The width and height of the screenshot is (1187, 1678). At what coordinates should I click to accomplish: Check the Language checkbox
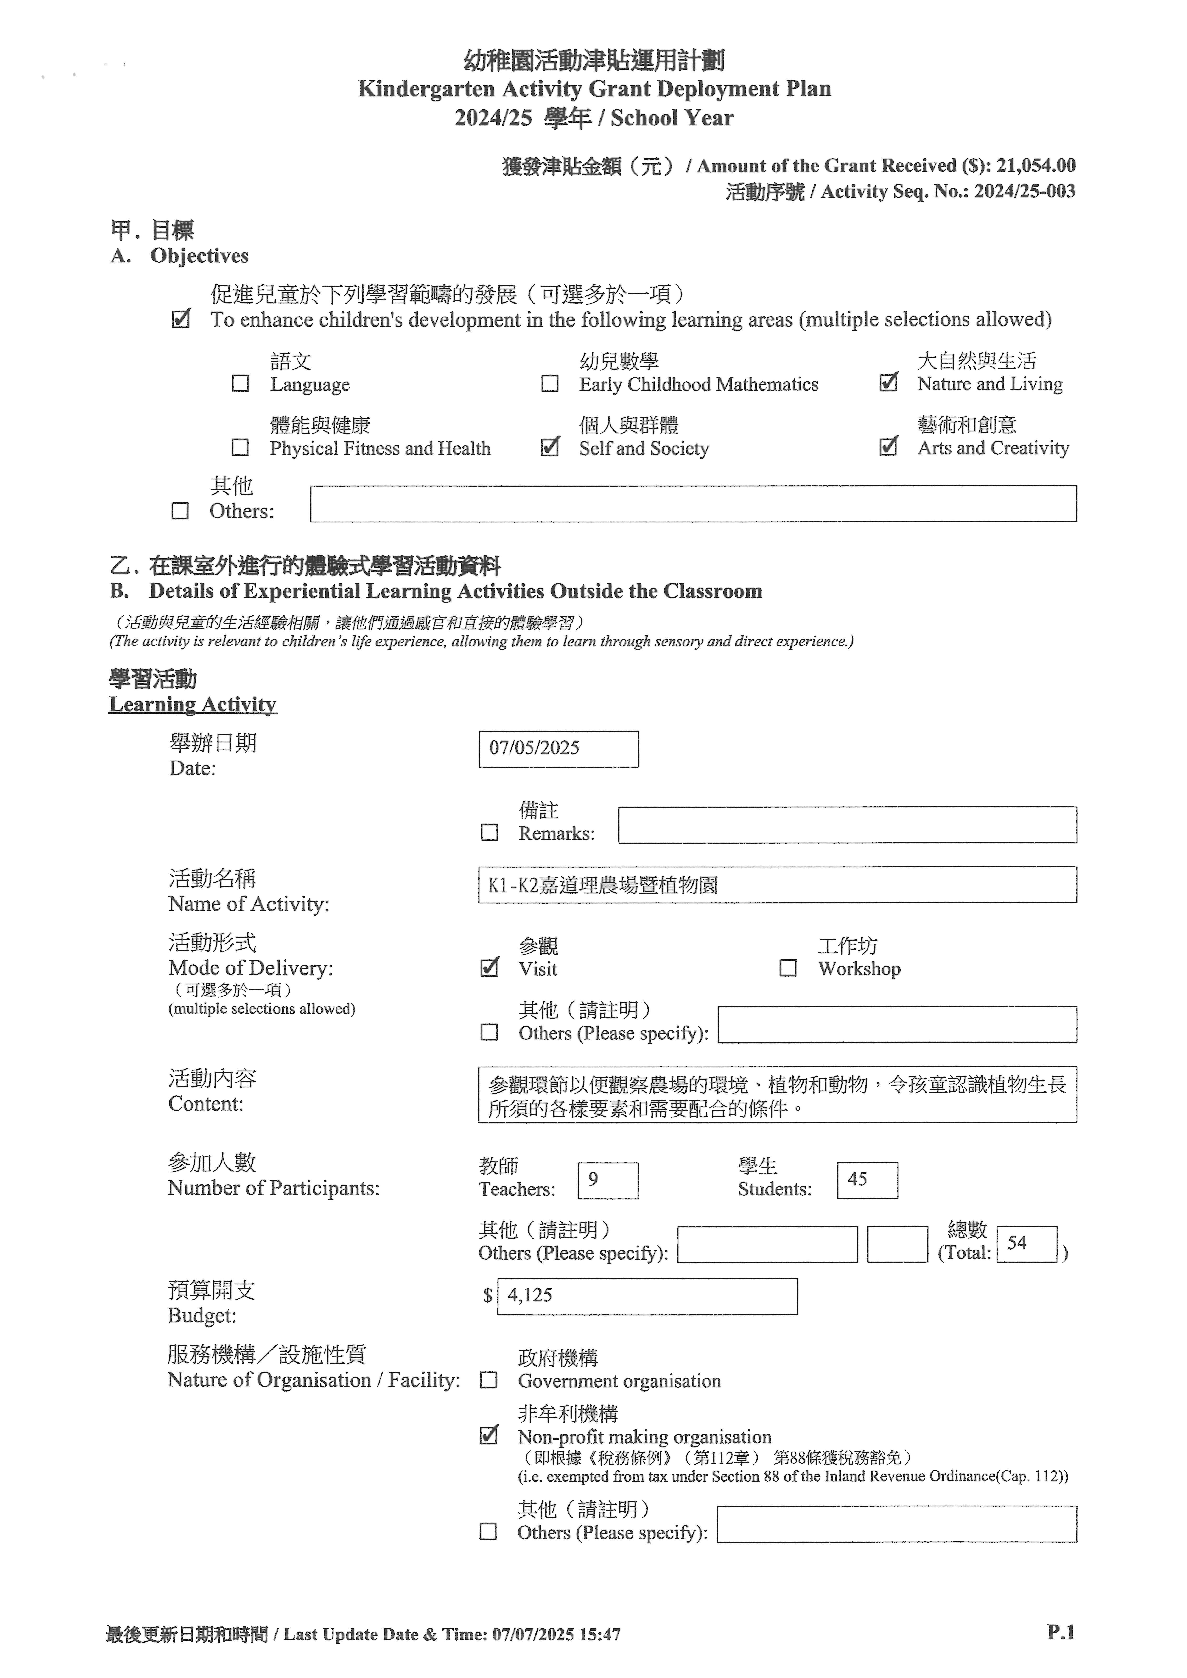(x=241, y=384)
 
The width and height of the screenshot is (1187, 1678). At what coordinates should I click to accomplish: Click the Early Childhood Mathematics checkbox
(x=550, y=384)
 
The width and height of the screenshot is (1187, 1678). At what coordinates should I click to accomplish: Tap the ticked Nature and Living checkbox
(x=888, y=382)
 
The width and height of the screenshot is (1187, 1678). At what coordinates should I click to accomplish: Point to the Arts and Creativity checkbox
(x=888, y=447)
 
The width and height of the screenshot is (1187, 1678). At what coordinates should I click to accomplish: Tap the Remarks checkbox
(x=490, y=833)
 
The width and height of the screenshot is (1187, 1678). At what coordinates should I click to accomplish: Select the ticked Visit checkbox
(x=490, y=968)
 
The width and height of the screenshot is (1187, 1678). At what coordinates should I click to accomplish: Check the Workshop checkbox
(x=788, y=968)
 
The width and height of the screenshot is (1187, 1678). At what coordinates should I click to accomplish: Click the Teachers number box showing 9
(x=607, y=1180)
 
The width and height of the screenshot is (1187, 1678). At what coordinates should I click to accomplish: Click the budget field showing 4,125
(x=647, y=1296)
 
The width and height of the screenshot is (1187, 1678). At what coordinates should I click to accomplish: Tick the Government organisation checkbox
(x=488, y=1380)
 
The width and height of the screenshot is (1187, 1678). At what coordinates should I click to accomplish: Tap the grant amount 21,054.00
(x=1036, y=166)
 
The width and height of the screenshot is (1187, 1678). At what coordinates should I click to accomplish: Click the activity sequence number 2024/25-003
(x=1024, y=191)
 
